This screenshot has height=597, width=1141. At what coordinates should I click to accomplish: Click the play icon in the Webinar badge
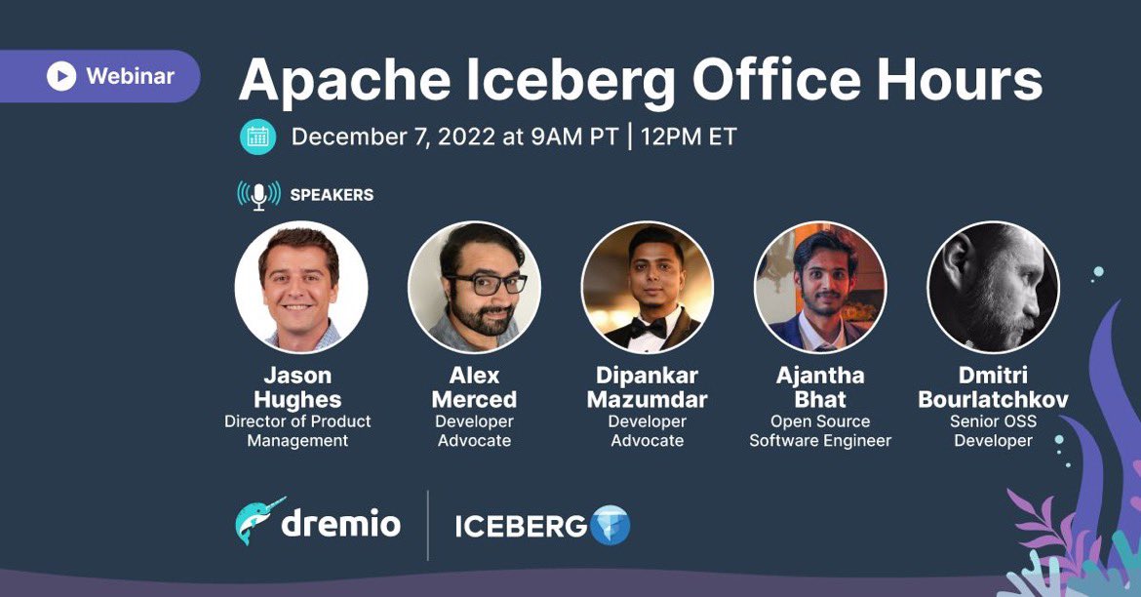[x=60, y=76]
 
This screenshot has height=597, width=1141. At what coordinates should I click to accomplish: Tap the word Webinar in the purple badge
[x=130, y=76]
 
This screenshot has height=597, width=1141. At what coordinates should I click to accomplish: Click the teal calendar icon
[x=257, y=137]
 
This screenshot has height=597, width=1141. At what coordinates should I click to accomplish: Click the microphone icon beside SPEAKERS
[x=258, y=195]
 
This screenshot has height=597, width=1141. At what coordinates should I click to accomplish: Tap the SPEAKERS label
[x=332, y=195]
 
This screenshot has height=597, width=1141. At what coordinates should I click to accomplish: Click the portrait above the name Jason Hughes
[x=301, y=287]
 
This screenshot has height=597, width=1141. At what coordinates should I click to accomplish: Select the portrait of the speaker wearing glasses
[x=474, y=287]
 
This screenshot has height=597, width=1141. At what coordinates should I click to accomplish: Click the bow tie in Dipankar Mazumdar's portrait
[x=647, y=327]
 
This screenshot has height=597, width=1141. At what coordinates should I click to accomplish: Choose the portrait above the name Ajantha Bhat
[x=820, y=287]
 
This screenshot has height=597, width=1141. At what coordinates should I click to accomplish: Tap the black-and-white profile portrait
[x=993, y=287]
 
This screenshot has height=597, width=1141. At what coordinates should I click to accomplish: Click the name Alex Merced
[x=474, y=387]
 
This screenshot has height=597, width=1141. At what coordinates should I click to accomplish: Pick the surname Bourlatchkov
[x=993, y=400]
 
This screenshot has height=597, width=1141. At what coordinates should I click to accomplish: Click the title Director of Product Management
[x=297, y=431]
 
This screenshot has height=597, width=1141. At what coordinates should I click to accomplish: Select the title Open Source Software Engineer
[x=820, y=431]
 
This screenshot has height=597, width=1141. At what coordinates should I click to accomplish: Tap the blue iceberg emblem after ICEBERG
[x=611, y=526]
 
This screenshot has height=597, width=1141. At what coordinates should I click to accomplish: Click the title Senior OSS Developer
[x=993, y=431]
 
